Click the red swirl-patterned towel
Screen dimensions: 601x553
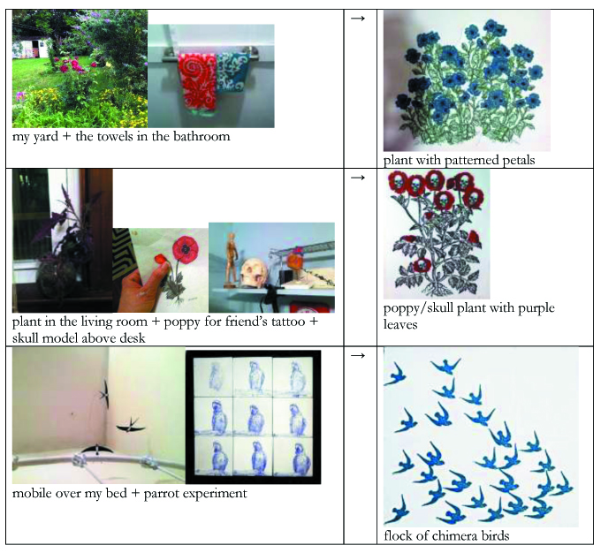coord(198,81)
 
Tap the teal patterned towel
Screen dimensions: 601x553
coord(232,72)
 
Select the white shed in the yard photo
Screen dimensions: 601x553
coord(30,49)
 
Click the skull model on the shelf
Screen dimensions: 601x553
coord(255,272)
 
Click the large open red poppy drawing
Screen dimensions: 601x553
coord(186,249)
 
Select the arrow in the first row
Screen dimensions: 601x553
coord(358,19)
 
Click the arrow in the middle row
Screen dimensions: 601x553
coord(358,178)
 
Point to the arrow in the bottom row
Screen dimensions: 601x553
coord(358,356)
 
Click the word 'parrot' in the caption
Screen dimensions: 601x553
coord(162,493)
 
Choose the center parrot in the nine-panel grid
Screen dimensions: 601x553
coord(253,419)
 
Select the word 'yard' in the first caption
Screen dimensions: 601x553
coord(45,137)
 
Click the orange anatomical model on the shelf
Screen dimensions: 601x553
coord(295,262)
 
